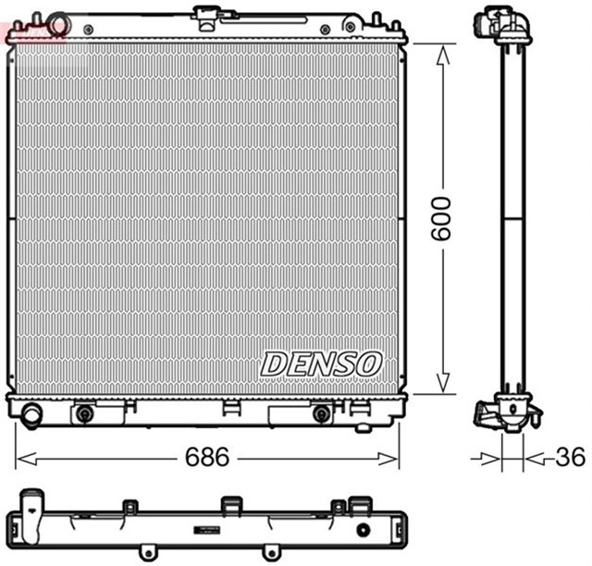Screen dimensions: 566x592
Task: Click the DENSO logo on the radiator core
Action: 320,363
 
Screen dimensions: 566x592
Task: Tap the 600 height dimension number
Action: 445,218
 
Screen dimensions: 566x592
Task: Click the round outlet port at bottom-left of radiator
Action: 31,415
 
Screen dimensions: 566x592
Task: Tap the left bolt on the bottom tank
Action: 85,412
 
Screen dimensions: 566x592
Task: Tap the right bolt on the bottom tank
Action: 321,412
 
